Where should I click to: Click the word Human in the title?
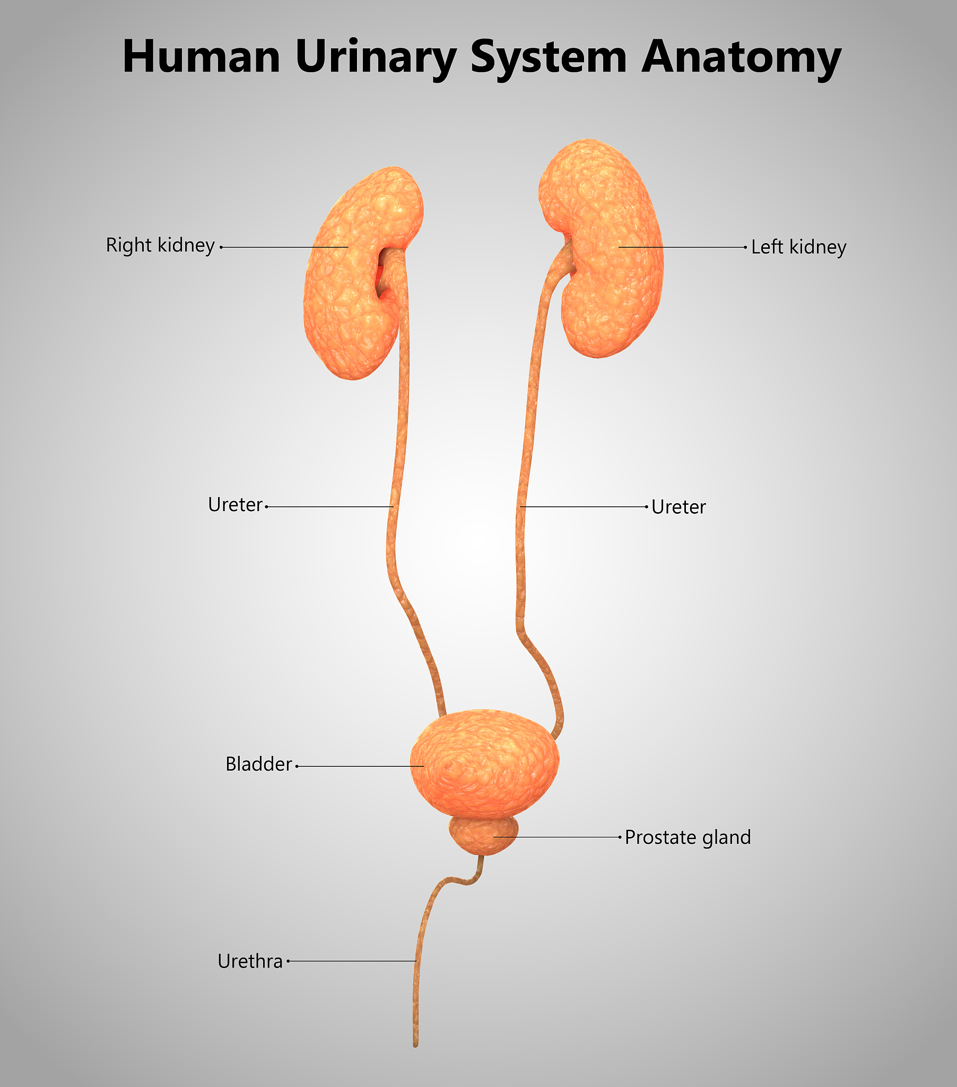(202, 56)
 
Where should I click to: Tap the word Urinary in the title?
(376, 59)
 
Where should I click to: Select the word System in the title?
(549, 59)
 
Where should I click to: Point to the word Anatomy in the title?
(742, 59)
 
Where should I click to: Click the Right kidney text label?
(160, 246)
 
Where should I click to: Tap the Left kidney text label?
(798, 247)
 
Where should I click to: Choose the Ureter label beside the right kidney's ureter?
(235, 505)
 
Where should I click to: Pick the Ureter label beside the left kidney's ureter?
(678, 507)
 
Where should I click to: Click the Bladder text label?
(258, 764)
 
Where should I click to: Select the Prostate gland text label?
(688, 838)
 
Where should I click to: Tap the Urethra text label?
(250, 962)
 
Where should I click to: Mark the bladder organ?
(484, 764)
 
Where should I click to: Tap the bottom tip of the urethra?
(416, 1046)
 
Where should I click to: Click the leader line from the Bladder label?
(360, 766)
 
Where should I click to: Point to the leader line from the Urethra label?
(351, 961)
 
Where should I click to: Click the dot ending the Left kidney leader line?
(745, 247)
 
